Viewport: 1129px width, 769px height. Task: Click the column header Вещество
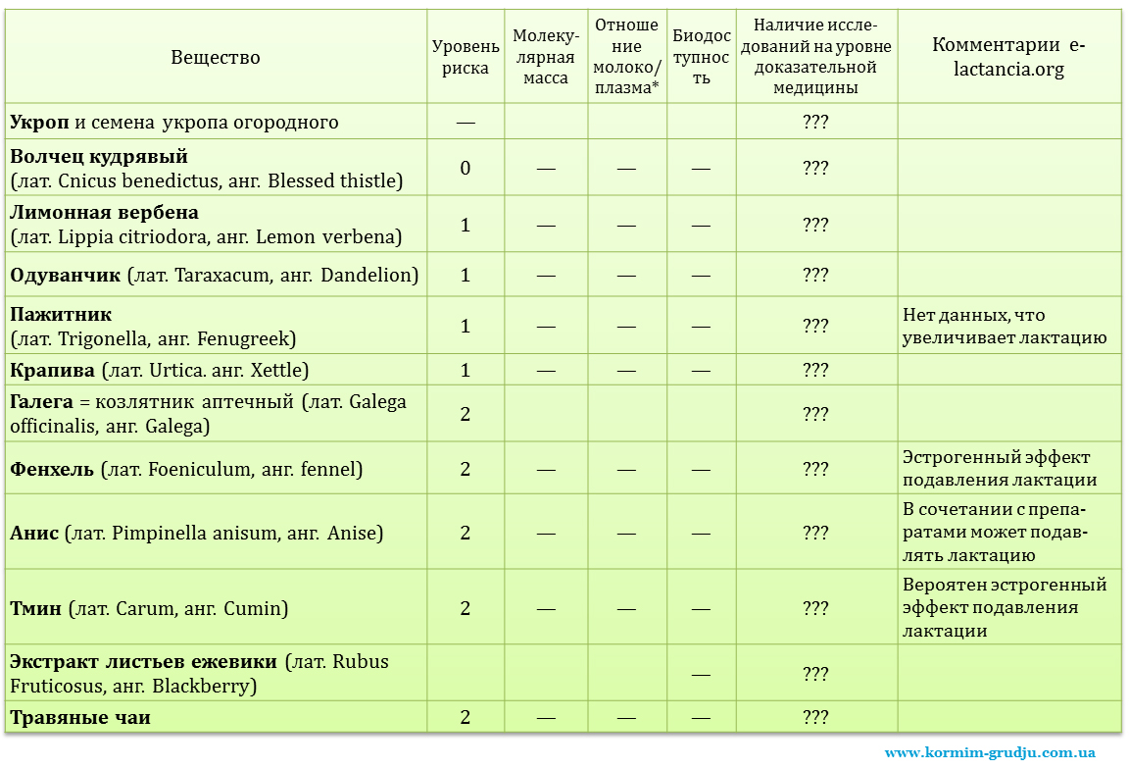coord(216,57)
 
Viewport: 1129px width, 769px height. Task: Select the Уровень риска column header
coord(466,57)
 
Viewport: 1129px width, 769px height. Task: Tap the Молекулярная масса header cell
coord(546,57)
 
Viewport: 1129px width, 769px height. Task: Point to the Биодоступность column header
coord(701,57)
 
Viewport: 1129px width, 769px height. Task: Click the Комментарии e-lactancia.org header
coord(1008,57)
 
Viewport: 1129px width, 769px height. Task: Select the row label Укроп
coord(40,123)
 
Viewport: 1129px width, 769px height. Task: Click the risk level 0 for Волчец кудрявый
coord(466,168)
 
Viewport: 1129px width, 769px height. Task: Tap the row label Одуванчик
coord(66,276)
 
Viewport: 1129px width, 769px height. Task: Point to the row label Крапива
coord(53,371)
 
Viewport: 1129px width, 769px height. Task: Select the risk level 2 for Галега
coord(466,414)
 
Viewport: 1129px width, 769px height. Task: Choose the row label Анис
coord(35,534)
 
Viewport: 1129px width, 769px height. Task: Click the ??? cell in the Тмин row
coord(815,608)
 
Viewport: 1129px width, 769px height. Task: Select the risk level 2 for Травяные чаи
coord(466,718)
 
